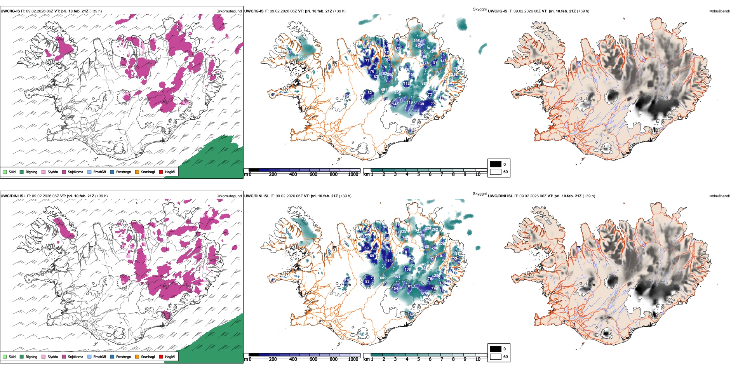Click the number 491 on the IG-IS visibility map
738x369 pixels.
point(384,90)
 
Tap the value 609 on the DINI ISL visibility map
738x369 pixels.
point(383,278)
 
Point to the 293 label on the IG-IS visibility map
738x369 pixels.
point(438,72)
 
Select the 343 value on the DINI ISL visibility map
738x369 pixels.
point(418,230)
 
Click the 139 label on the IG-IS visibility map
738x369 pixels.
point(421,104)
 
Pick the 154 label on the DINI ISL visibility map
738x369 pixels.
point(395,288)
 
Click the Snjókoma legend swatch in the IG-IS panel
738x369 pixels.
point(64,172)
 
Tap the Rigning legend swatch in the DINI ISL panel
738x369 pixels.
point(22,357)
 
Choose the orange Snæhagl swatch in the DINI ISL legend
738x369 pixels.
point(137,357)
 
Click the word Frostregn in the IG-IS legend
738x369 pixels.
point(123,172)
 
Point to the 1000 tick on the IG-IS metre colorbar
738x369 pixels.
point(353,174)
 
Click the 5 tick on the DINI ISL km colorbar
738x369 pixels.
point(418,359)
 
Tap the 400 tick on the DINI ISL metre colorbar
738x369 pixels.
point(293,359)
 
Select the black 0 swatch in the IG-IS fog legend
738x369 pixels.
point(495,164)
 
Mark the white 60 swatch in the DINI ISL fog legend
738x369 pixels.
point(495,357)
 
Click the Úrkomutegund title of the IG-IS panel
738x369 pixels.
point(229,11)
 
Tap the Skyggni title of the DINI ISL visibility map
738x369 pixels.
point(479,194)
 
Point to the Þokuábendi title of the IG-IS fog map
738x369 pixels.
point(719,11)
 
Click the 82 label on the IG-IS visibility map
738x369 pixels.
point(370,93)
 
